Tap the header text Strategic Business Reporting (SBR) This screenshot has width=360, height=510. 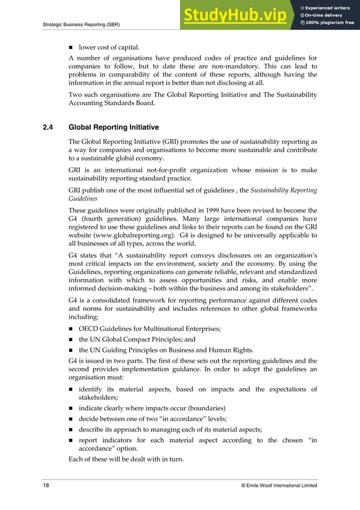(x=81, y=24)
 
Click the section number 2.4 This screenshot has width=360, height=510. (x=48, y=127)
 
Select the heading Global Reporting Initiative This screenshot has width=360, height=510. (x=113, y=127)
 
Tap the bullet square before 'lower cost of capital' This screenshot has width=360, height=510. (x=71, y=47)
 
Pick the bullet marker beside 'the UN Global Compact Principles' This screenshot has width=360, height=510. (x=71, y=339)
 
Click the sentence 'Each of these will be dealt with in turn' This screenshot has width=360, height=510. (x=126, y=459)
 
